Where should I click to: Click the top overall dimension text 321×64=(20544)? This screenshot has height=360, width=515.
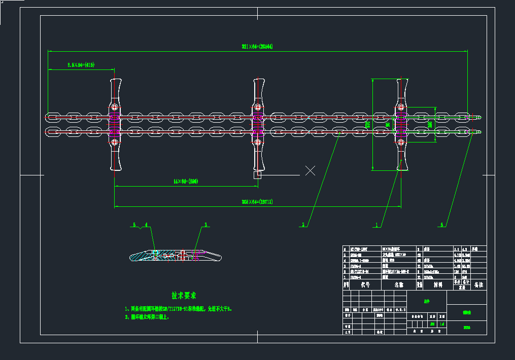257,47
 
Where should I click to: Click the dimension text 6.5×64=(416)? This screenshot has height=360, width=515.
81,65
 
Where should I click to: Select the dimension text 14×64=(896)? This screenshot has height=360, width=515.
185,181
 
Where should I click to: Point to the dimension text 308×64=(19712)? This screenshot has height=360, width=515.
257,202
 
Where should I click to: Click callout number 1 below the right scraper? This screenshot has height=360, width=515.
376,224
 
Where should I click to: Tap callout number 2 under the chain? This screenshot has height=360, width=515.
303,224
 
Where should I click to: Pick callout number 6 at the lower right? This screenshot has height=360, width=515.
442,224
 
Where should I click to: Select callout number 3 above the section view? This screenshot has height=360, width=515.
205,224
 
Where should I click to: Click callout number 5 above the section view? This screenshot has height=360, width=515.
134,224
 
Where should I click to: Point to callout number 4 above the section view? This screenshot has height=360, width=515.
146,224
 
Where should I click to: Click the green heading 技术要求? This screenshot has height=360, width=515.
184,295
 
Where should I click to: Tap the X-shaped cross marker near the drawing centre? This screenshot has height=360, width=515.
310,170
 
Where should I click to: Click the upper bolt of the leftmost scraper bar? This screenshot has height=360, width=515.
115,107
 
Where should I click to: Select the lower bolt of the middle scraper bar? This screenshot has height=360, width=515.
258,142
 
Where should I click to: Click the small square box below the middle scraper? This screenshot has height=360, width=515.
257,175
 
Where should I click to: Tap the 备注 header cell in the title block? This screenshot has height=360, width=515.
478,285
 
